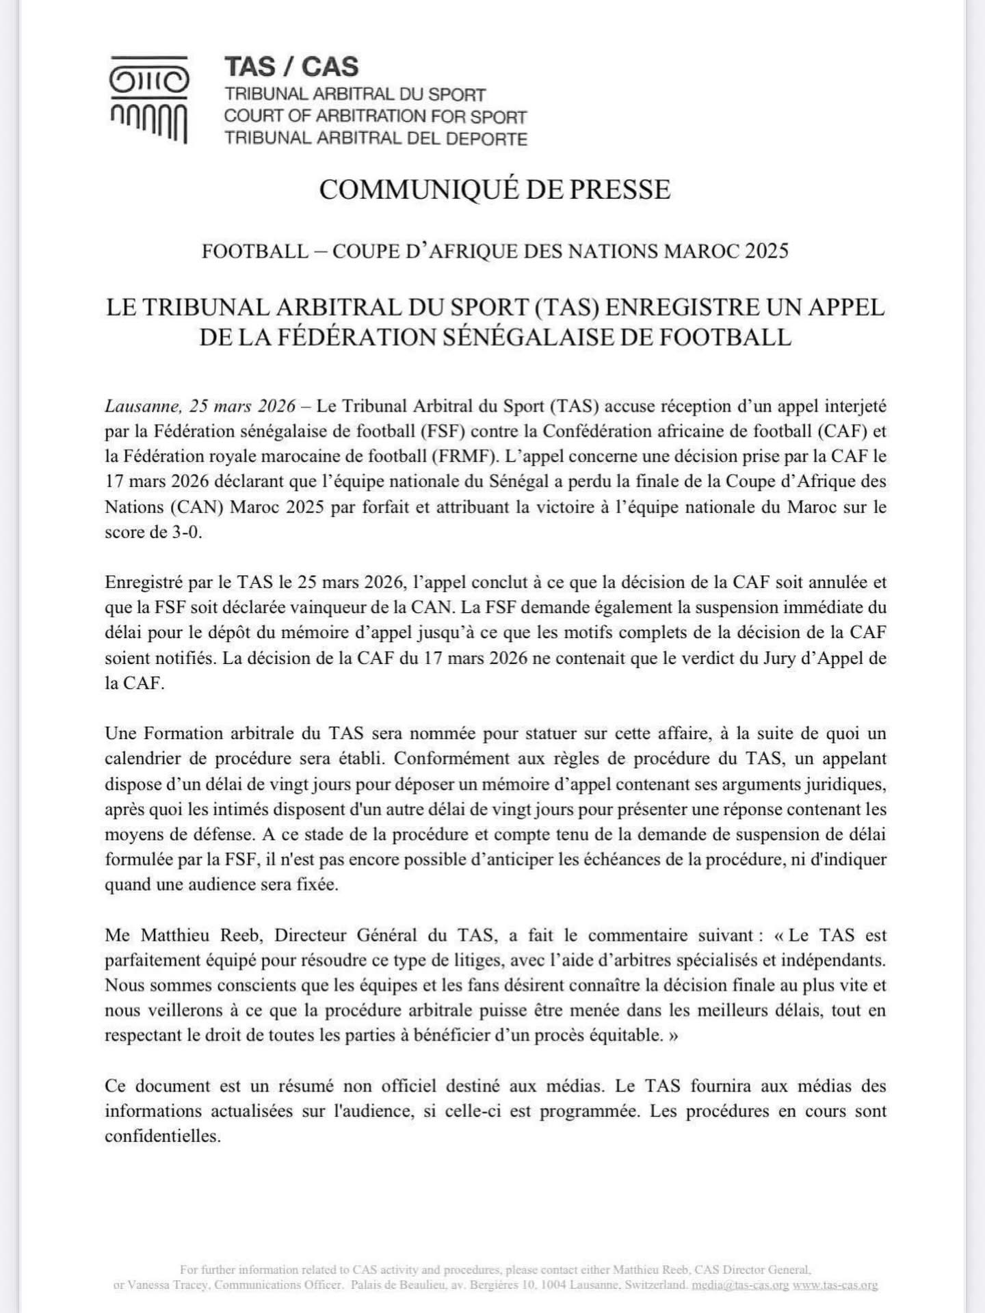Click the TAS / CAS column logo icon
pyautogui.click(x=149, y=100)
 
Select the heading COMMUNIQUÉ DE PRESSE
pyautogui.click(x=495, y=189)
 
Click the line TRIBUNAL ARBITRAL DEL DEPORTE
pyautogui.click(x=376, y=139)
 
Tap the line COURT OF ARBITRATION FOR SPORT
pyautogui.click(x=375, y=116)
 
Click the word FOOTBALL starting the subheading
pyautogui.click(x=254, y=251)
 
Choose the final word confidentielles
pyautogui.click(x=163, y=1136)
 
